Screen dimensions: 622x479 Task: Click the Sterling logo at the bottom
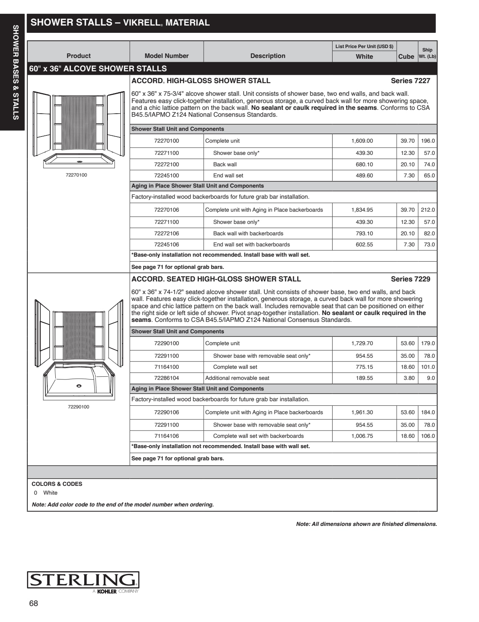[83, 580]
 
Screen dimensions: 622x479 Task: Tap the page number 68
[34, 603]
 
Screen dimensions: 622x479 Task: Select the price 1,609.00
[362, 141]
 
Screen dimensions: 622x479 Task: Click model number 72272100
[166, 164]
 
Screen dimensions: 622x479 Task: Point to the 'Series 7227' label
[410, 81]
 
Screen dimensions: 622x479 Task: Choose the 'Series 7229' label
[410, 279]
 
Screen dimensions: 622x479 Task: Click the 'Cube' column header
[406, 56]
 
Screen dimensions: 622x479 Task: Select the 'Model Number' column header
[167, 56]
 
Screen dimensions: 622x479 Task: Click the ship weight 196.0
[428, 141]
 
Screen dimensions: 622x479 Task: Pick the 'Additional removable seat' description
[237, 378]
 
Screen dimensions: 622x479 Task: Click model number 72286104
[166, 378]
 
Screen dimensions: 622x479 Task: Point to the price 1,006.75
[362, 436]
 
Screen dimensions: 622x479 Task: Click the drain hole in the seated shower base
[79, 386]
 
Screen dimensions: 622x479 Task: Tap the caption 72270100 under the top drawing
[76, 175]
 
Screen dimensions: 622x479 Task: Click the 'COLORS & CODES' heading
[57, 484]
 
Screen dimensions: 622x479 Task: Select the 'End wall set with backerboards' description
[251, 244]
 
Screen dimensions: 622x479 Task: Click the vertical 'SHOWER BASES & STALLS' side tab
[16, 72]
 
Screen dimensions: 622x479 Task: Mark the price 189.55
[364, 378]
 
